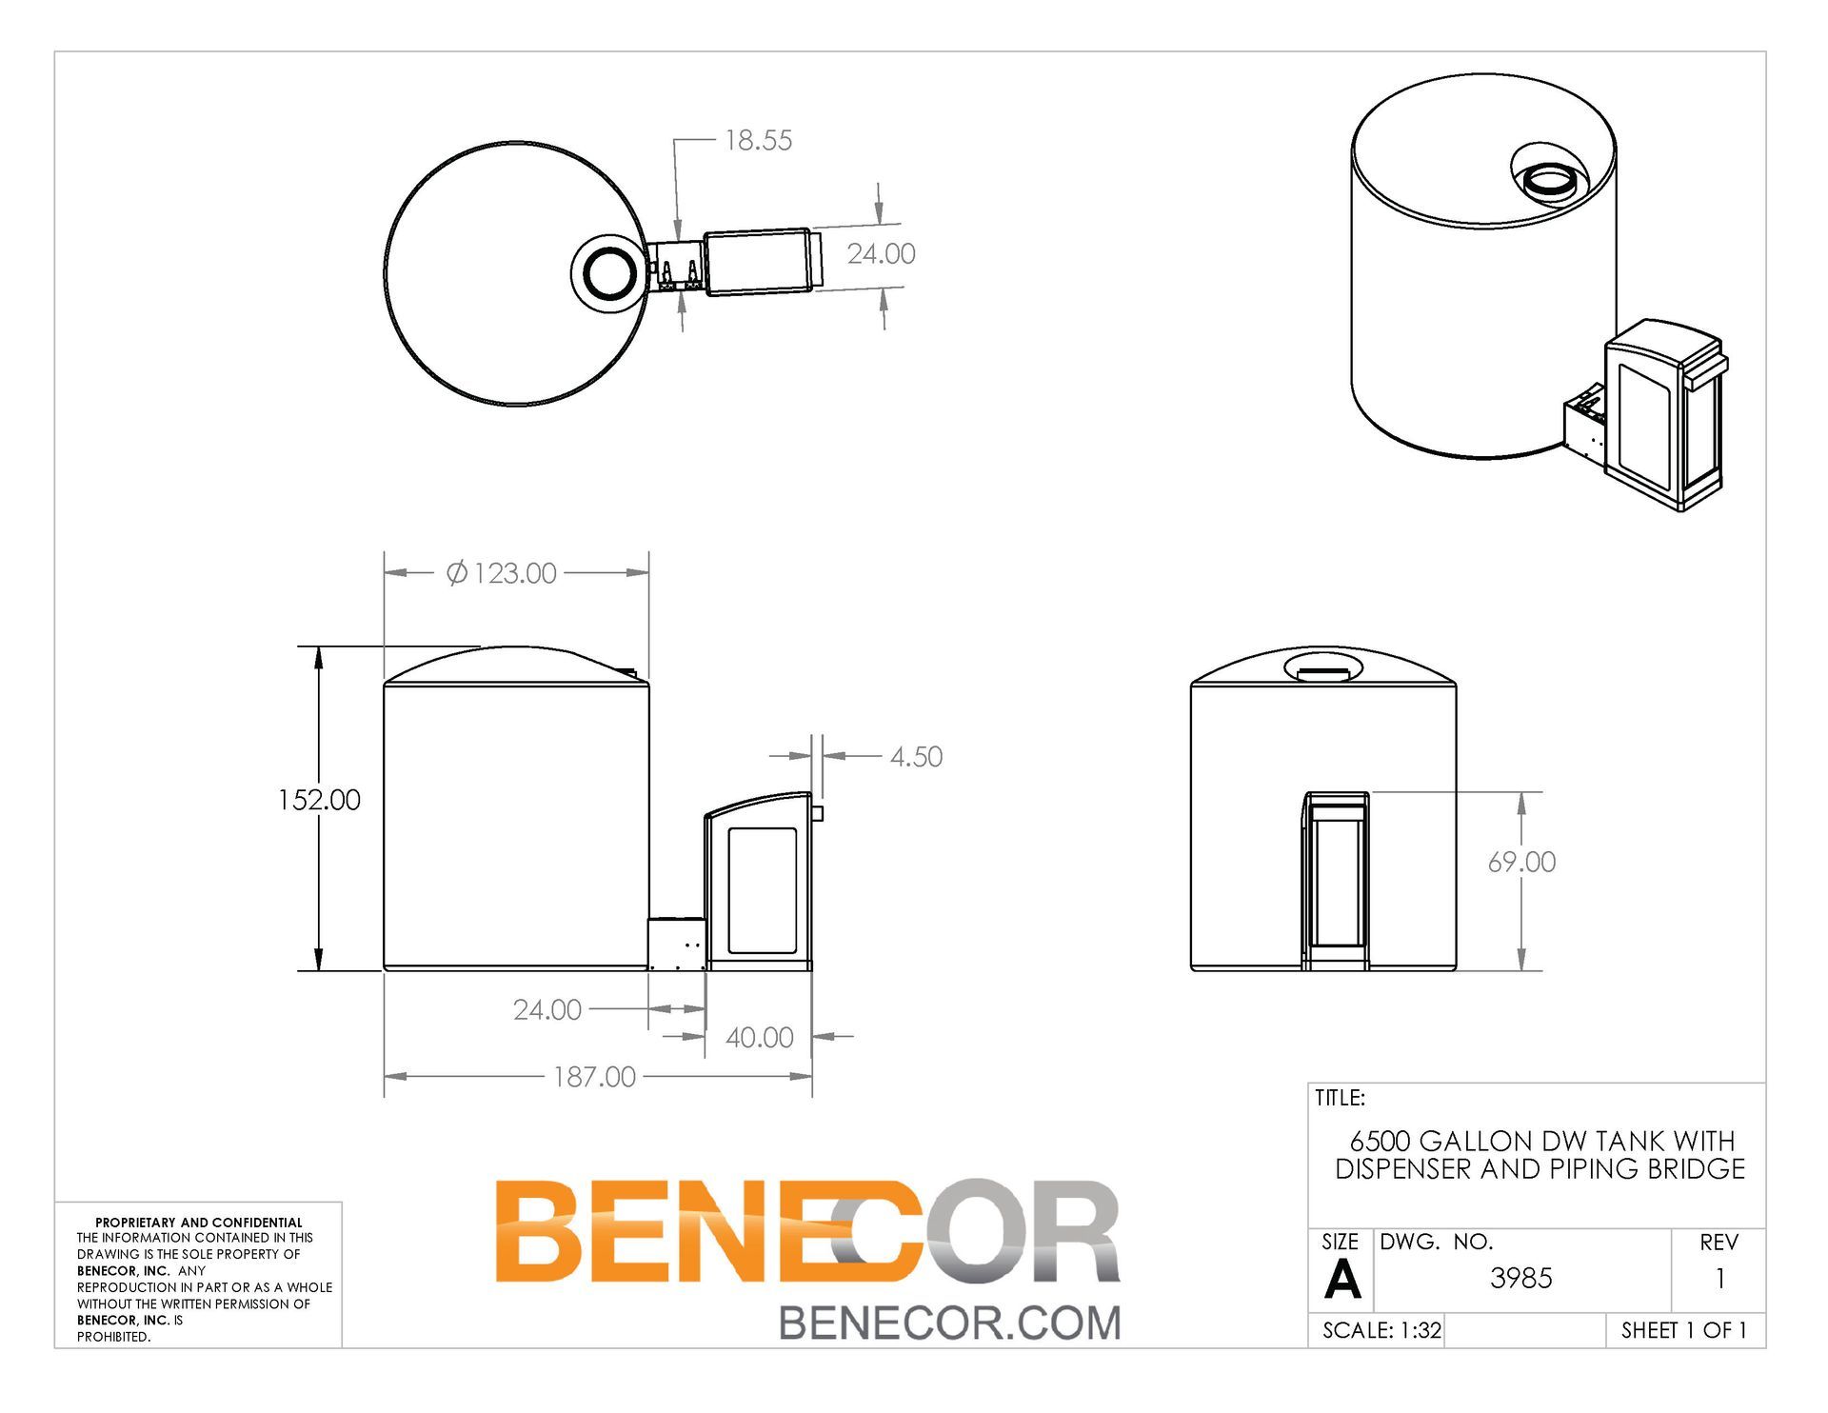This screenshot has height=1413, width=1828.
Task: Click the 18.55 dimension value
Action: [x=758, y=140]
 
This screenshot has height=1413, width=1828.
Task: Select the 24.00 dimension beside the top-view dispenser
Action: [x=881, y=253]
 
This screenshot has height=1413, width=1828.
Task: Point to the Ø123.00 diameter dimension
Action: [x=502, y=573]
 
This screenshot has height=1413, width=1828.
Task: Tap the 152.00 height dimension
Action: [x=319, y=800]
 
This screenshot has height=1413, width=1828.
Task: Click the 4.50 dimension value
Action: [x=916, y=757]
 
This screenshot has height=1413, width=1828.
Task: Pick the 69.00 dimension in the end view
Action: [x=1521, y=862]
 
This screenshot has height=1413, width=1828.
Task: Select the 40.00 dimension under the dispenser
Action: [x=759, y=1037]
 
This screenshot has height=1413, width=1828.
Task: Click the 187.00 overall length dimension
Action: [x=594, y=1077]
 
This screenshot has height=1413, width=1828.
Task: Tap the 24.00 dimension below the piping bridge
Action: [x=546, y=1009]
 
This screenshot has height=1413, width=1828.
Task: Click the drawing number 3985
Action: [x=1520, y=1278]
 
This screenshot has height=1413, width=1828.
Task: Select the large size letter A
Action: [x=1341, y=1280]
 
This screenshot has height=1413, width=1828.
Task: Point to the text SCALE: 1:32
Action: [x=1381, y=1330]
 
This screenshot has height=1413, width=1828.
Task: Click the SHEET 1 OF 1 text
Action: [x=1683, y=1330]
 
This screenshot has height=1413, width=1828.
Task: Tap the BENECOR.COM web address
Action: [x=949, y=1323]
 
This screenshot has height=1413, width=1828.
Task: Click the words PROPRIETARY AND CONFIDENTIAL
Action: [x=198, y=1223]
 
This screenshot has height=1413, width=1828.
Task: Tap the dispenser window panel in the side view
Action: [x=762, y=891]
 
